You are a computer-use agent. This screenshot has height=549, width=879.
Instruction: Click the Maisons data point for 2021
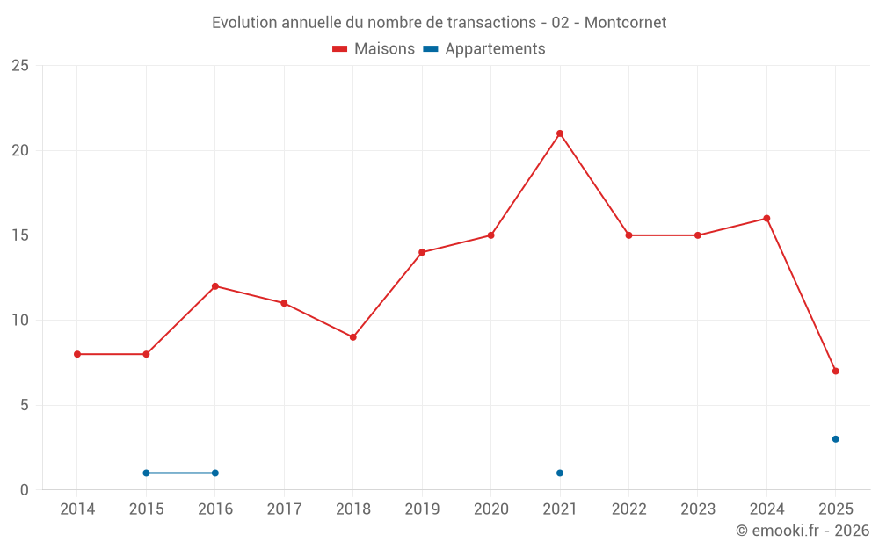[560, 134]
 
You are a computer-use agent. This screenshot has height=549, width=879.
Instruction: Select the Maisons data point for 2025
[835, 371]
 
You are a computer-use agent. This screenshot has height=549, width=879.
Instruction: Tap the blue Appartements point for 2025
[835, 439]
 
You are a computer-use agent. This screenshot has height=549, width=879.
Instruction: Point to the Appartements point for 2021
[560, 473]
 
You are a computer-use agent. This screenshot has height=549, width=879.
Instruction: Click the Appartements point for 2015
[146, 473]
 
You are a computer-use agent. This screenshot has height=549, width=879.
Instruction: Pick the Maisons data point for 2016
[215, 286]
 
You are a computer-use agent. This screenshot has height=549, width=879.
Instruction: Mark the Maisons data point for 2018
[352, 337]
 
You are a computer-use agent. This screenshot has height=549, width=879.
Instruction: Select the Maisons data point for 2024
[766, 219]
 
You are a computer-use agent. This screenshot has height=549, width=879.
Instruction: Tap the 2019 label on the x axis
[422, 509]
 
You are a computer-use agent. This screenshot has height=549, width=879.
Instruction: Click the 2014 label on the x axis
[77, 509]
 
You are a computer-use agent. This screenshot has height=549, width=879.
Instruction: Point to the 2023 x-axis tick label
[698, 509]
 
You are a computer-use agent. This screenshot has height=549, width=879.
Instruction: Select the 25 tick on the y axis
[20, 66]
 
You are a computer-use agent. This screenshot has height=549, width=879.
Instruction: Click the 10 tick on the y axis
[20, 321]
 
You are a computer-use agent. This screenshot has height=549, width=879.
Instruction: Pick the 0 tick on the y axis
[25, 490]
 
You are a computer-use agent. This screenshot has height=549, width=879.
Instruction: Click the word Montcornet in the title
[625, 23]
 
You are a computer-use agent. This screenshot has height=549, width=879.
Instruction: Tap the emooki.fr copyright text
[803, 531]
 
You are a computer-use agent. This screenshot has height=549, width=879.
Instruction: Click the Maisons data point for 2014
[77, 354]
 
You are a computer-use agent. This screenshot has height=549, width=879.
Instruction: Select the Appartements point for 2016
[215, 473]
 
